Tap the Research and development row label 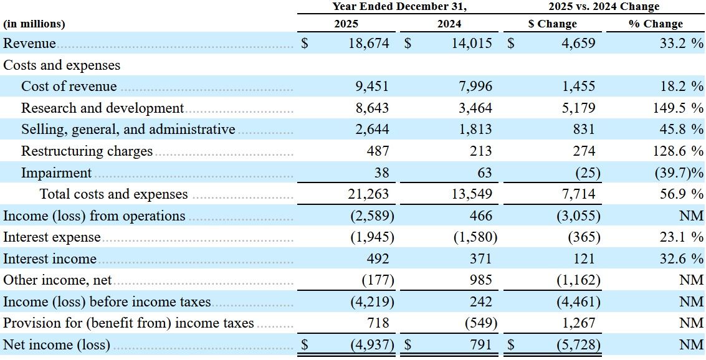(x=103, y=108)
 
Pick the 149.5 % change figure (x=678, y=108)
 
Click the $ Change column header (x=553, y=24)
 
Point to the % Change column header (x=656, y=24)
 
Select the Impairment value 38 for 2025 (x=381, y=173)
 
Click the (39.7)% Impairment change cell (x=679, y=173)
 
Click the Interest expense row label (x=52, y=237)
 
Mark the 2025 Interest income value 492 (x=378, y=258)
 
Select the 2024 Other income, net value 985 (x=481, y=280)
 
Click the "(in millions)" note (x=34, y=24)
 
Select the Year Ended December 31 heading (x=398, y=6)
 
